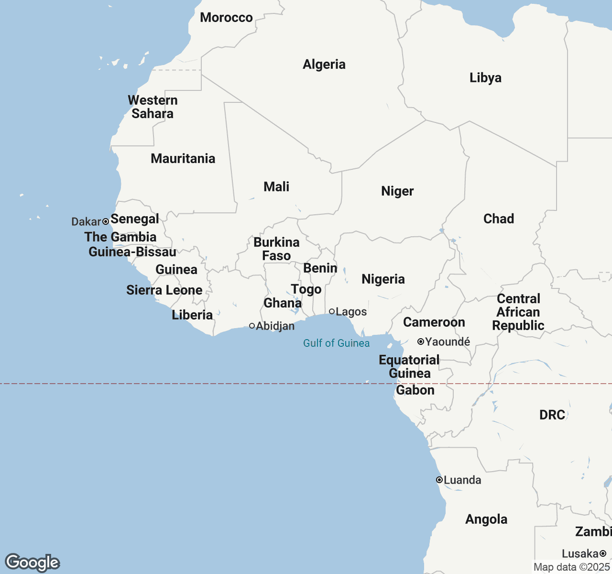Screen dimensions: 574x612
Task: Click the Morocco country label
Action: point(226,18)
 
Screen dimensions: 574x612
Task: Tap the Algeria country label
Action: point(324,65)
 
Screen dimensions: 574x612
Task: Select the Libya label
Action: point(485,78)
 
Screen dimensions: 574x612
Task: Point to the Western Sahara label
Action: point(153,107)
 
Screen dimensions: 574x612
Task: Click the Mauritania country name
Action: point(183,159)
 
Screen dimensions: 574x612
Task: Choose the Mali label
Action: point(276,187)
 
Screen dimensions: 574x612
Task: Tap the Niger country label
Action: point(397,191)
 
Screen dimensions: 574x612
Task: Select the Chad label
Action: point(498,219)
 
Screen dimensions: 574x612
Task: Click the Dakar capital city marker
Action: point(106,221)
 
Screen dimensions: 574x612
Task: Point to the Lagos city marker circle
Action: point(332,311)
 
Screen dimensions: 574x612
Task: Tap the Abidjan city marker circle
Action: point(252,326)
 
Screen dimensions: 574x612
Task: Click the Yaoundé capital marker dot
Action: point(420,342)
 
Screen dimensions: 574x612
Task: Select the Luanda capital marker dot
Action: point(439,480)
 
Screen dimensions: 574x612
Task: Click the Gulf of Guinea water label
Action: point(336,343)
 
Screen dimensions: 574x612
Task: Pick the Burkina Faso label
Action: point(276,249)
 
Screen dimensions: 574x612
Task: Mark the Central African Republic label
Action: point(518,312)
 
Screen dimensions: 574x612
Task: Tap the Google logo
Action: point(33,563)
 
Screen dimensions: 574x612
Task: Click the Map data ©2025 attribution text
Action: point(571,567)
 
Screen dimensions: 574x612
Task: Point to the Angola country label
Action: point(486,519)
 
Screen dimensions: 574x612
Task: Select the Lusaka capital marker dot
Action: point(603,553)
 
